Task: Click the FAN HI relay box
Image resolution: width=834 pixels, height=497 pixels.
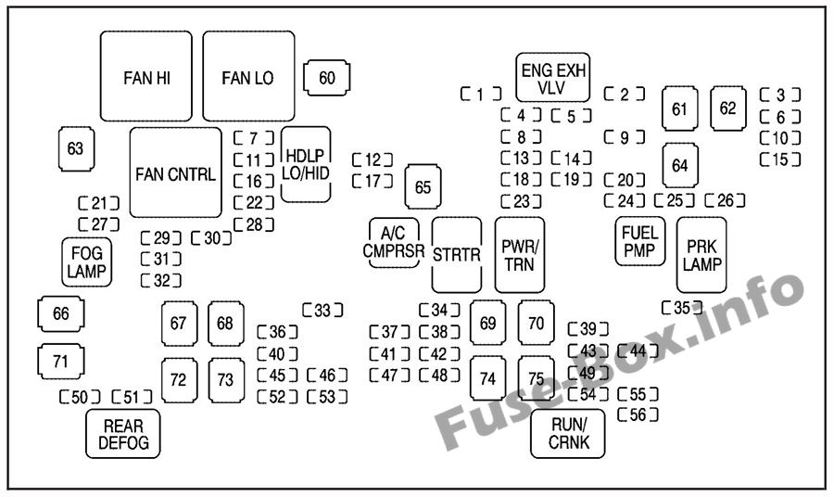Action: coord(146,77)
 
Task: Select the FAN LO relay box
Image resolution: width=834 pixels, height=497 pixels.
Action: coord(248,77)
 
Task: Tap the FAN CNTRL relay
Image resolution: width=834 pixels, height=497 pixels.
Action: coord(175,172)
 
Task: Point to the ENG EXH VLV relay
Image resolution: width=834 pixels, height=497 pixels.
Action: coord(554,79)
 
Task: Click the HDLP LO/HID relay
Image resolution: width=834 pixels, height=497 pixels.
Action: coord(306,164)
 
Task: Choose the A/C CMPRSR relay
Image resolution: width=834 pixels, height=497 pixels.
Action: coord(395,243)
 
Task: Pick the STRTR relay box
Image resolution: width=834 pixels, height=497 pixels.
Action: coord(457,255)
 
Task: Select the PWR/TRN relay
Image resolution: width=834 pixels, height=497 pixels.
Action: coord(520,255)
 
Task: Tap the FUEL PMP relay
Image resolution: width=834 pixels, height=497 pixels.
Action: coord(640,241)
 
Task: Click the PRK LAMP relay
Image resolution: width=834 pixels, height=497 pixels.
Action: coord(701,255)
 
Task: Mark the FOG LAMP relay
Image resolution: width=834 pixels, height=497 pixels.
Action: coord(87,261)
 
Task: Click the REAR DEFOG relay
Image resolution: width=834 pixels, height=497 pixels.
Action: coord(123,433)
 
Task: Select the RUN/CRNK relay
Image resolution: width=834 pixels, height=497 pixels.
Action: coord(567,433)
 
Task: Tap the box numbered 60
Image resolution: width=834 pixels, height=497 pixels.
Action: coord(327,78)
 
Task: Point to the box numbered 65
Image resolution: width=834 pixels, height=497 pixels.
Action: coord(423,188)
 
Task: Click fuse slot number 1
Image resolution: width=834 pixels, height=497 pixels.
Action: coord(481,94)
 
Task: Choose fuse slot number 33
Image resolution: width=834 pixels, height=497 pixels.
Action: coord(322,311)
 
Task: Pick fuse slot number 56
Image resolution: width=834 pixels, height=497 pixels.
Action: coord(638,414)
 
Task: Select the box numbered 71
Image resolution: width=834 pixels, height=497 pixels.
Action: coord(61,362)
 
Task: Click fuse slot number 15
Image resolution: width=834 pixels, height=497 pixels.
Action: coord(780,159)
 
